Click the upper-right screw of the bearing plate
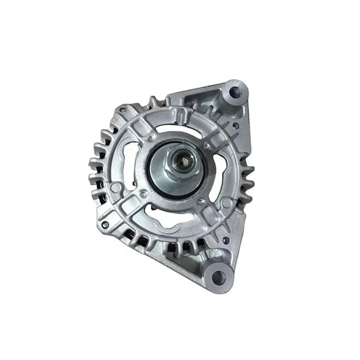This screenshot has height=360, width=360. (x=204, y=147)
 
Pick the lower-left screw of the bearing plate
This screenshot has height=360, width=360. (x=143, y=194)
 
